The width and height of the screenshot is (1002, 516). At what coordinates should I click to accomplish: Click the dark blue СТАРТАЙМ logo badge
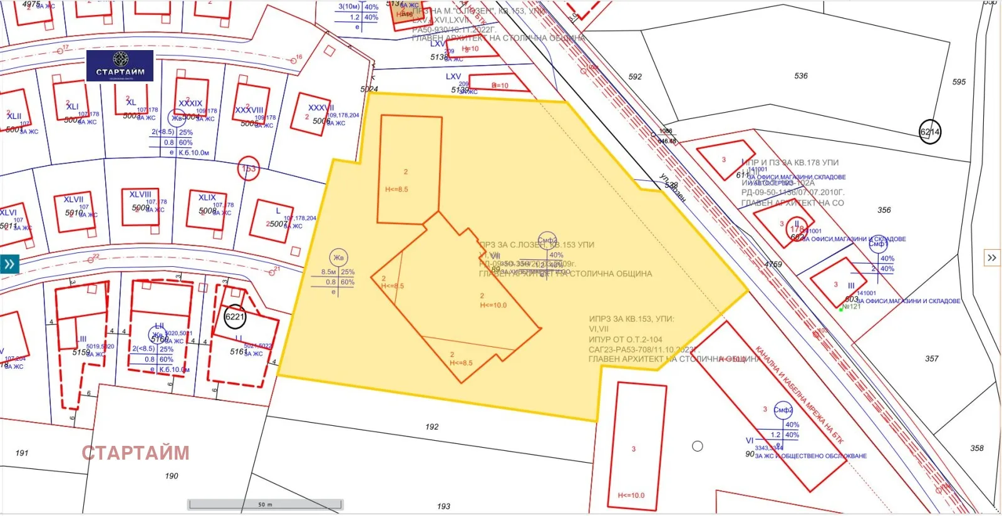[x=120, y=65]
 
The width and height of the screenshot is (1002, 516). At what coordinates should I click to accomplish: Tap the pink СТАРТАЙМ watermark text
[x=135, y=453]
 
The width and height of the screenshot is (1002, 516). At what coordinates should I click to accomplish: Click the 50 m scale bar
[x=266, y=504]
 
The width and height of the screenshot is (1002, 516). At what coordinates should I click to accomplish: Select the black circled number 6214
[x=930, y=132]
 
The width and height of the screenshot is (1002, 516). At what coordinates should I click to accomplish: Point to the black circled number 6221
[x=235, y=317]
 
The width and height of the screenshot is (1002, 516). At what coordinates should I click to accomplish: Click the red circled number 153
[x=249, y=168]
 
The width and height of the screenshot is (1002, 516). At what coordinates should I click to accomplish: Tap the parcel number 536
[x=801, y=76]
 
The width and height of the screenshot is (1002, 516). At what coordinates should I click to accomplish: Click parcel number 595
[x=959, y=82]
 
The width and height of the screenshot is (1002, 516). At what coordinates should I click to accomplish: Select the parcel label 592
[x=635, y=77]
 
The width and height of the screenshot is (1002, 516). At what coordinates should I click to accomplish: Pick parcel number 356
[x=884, y=210]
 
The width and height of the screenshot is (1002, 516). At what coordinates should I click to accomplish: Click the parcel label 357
[x=932, y=359]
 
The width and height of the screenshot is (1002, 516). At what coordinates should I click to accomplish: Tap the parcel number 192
[x=432, y=427]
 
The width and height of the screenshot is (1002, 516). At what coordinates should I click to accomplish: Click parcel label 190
[x=172, y=476]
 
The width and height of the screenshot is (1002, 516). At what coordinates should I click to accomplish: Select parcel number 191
[x=22, y=453]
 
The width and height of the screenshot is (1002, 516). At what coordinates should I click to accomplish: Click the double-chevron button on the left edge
[x=9, y=264]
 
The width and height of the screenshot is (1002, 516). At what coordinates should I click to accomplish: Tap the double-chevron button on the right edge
[x=992, y=258]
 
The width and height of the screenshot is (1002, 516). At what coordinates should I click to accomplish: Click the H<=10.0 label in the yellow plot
[x=493, y=306]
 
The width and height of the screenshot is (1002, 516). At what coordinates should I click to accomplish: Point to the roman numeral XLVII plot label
[x=73, y=199]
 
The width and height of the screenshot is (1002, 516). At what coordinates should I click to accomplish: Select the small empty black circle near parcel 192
[x=697, y=446]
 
